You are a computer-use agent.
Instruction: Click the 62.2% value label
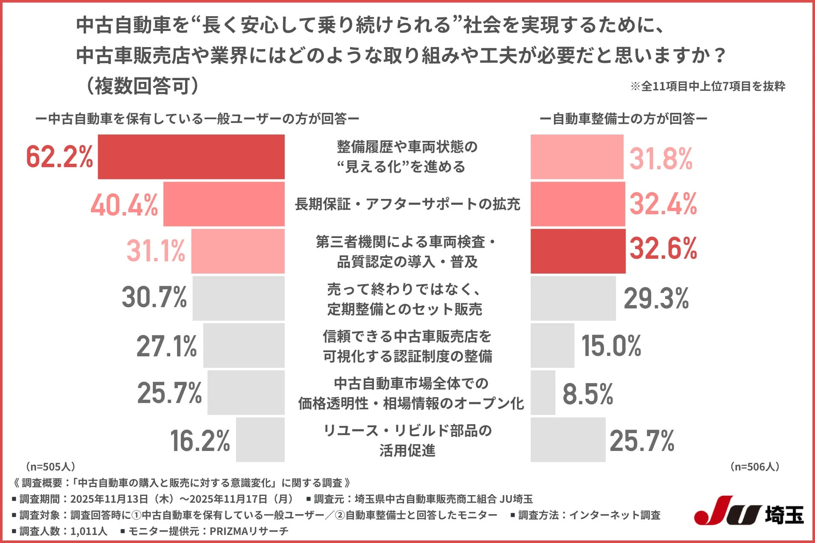[x=59, y=157]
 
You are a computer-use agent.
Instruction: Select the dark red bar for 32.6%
[x=578, y=251]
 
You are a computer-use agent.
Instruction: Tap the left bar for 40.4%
[x=224, y=204]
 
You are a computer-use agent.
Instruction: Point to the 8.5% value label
[x=588, y=394]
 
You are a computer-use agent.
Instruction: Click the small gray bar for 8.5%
[x=543, y=393]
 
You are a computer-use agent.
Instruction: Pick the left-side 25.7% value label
[x=169, y=393]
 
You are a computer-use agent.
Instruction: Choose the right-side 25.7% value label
[x=642, y=441]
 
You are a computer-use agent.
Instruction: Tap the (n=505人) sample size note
[x=51, y=467]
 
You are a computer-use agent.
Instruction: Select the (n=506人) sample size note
[x=755, y=467]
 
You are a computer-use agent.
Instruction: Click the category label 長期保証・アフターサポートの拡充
[x=407, y=204]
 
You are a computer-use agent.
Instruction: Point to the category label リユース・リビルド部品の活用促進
[x=407, y=440]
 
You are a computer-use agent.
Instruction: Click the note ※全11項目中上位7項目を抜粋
[x=708, y=86]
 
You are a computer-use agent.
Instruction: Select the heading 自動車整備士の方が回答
[x=623, y=119]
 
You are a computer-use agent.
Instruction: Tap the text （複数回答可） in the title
[x=142, y=86]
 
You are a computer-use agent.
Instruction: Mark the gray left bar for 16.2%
[x=260, y=440]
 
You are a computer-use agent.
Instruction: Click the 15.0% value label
[x=611, y=346]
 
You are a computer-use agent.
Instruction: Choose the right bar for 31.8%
[x=577, y=157]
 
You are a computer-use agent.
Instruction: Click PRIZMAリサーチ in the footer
[x=249, y=531]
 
